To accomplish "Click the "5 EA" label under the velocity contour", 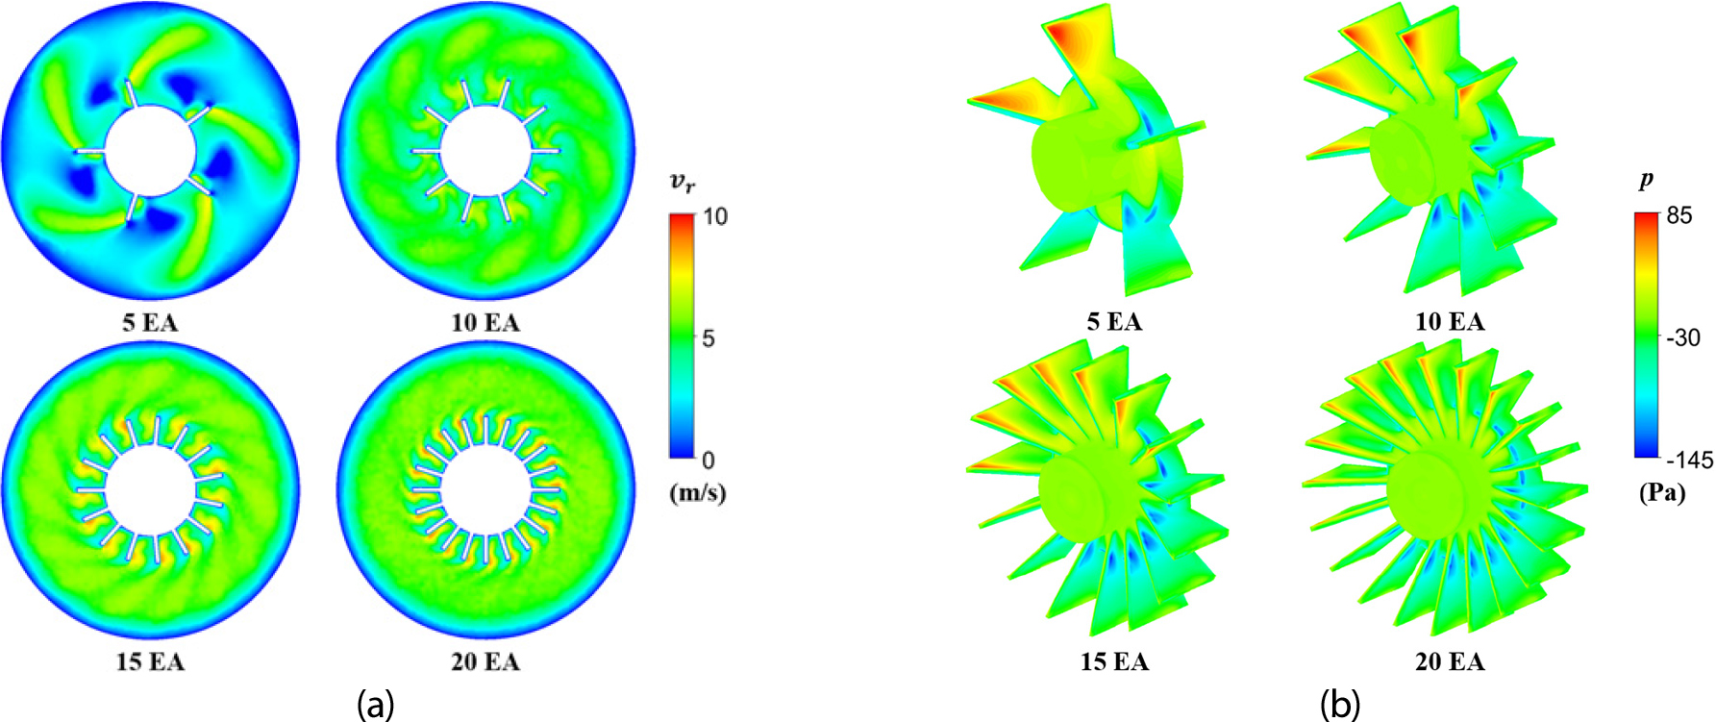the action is click(150, 323).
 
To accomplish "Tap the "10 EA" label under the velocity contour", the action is click(485, 323).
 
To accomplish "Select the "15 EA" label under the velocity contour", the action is click(150, 662).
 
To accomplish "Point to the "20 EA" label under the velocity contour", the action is click(485, 662).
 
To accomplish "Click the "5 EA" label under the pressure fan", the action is click(1114, 322).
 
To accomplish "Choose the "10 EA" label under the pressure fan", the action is click(1450, 322).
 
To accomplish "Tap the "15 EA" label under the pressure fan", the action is click(1114, 661).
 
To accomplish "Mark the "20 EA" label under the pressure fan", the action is click(1450, 661).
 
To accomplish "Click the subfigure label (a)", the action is click(375, 705).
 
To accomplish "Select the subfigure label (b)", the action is click(1339, 705).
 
